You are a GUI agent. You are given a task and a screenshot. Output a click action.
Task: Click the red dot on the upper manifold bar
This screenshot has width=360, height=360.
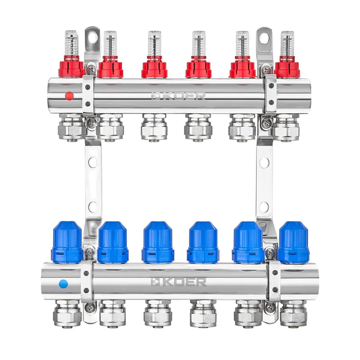pyautogui.click(x=69, y=96)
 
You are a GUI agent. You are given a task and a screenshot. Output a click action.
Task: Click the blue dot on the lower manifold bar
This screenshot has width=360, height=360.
pyautogui.click(x=63, y=284)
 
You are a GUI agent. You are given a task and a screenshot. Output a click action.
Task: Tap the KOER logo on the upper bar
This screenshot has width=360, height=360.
pyautogui.click(x=179, y=96)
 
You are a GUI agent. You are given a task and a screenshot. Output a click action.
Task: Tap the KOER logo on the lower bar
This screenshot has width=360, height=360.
pyautogui.click(x=179, y=282)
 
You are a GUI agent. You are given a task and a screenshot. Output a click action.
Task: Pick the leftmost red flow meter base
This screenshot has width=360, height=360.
pyautogui.click(x=71, y=67)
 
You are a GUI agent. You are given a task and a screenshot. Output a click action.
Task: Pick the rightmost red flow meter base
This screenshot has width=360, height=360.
pyautogui.click(x=287, y=67)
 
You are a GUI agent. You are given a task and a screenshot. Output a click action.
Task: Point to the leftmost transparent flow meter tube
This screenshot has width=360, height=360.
pyautogui.click(x=71, y=43)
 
